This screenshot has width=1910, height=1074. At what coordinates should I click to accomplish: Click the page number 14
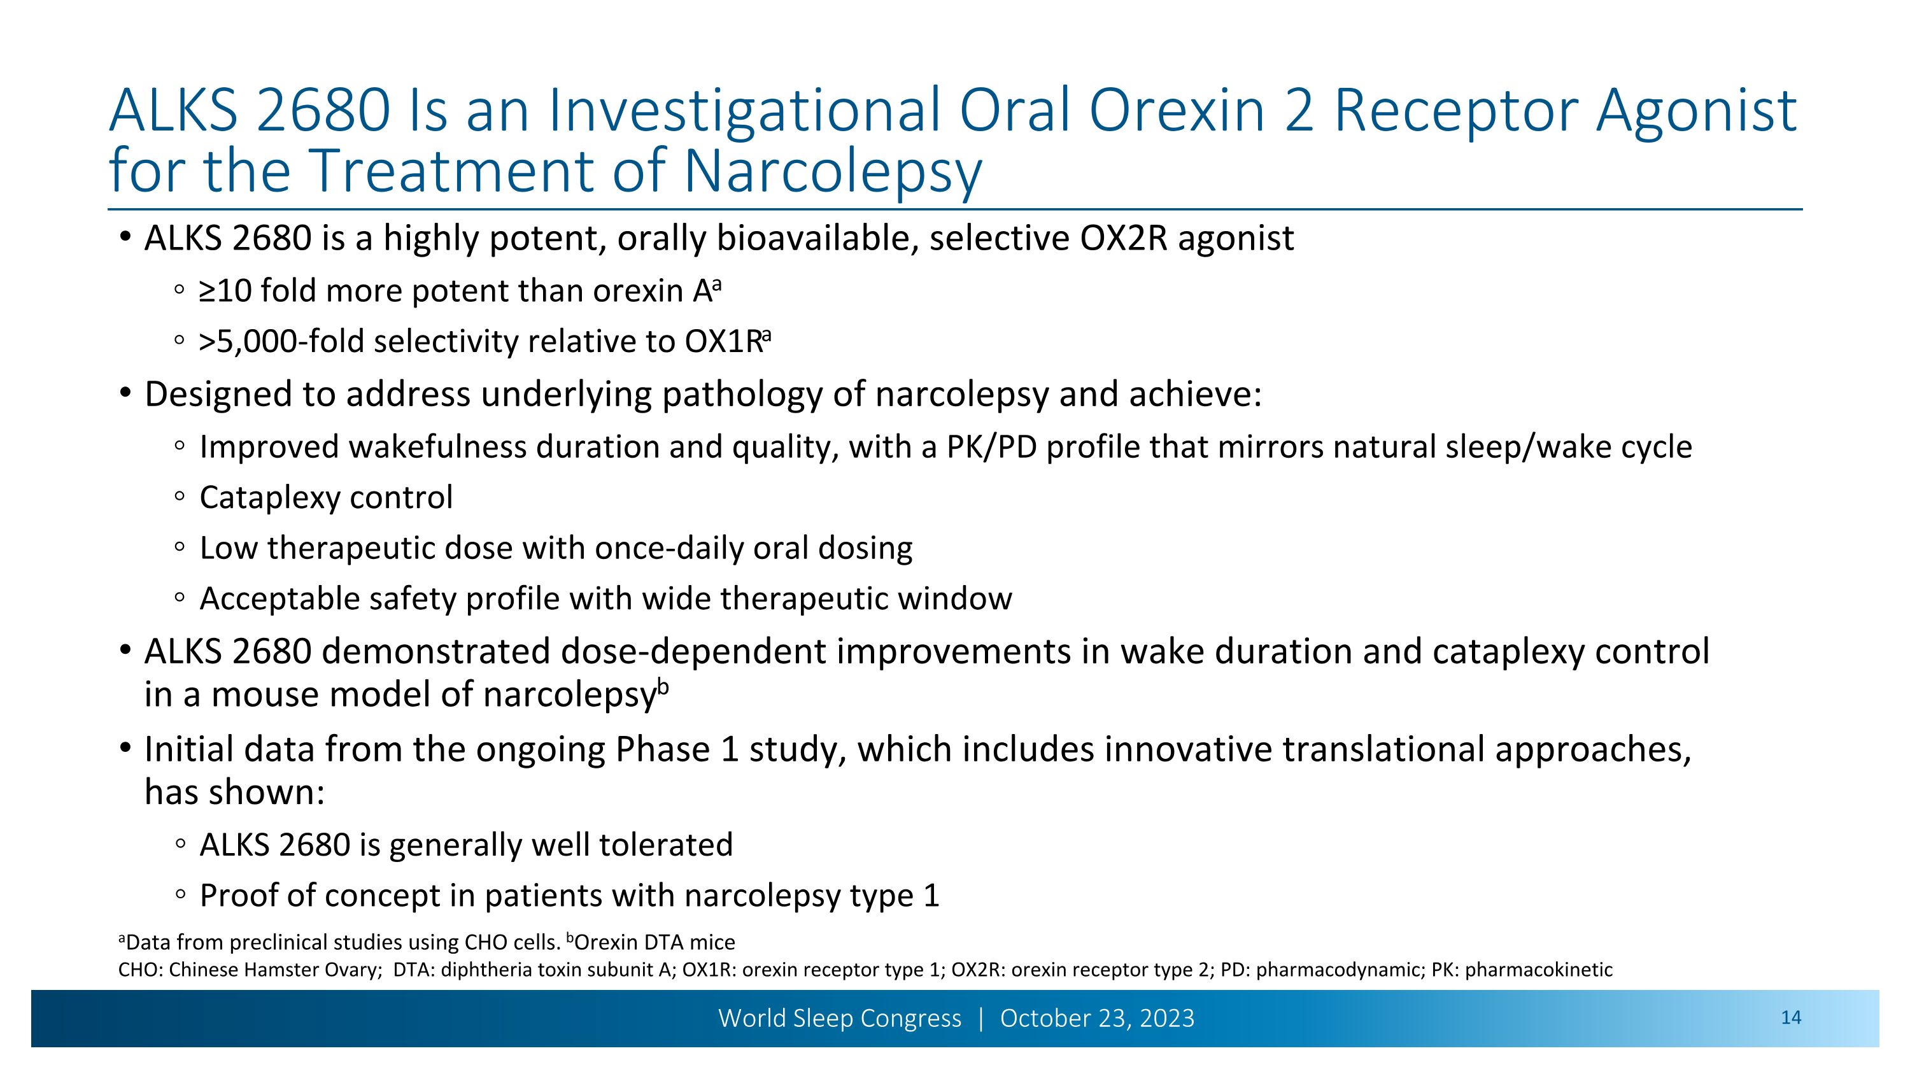coord(1790,1018)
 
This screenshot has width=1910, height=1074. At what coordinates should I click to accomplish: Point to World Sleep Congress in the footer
coord(839,1019)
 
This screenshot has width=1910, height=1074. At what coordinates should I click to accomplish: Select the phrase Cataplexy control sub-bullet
coord(325,497)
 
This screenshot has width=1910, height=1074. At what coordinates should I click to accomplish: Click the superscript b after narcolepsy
coord(663,687)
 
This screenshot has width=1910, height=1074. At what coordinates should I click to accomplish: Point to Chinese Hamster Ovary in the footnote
coord(274,970)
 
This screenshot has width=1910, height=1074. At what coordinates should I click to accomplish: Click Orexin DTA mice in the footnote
coord(654,943)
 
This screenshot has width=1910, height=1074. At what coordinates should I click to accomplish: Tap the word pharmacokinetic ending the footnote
coord(1538,970)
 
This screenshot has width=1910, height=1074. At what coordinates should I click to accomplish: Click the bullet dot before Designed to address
coord(125,392)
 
